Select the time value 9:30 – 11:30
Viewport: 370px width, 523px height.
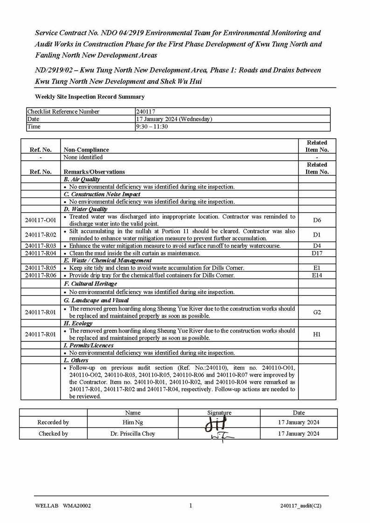152,127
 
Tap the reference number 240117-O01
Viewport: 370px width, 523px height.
41,220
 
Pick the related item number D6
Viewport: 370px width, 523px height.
317,220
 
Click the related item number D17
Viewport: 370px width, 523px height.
317,253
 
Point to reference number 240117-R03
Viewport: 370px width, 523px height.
41,246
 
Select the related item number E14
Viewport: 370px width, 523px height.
317,276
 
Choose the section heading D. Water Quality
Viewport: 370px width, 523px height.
85,210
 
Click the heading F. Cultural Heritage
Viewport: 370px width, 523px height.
90,284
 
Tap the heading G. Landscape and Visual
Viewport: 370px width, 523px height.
96,300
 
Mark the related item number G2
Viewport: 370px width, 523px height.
317,312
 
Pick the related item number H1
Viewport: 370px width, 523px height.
317,334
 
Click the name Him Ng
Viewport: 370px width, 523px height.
133,422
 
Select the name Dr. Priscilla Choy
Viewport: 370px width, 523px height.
133,434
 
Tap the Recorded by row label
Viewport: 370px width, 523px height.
53,422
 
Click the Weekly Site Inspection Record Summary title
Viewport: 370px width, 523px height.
90,97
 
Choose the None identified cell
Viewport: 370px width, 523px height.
83,157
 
